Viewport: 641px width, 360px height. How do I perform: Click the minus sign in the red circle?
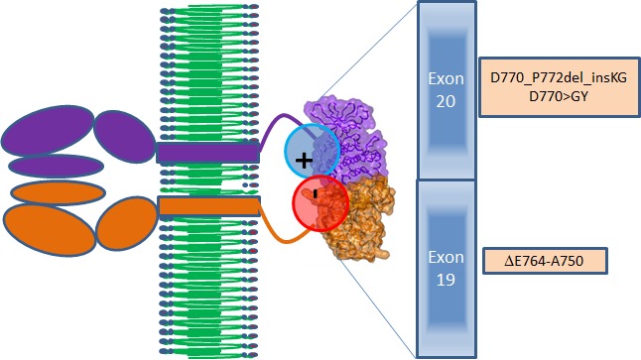click(x=315, y=194)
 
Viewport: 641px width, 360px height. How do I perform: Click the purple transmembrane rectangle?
click(x=208, y=153)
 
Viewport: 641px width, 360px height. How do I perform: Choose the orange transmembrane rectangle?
click(x=208, y=206)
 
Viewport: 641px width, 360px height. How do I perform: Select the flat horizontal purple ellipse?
click(x=56, y=166)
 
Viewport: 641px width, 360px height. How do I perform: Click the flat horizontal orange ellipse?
click(x=58, y=191)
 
